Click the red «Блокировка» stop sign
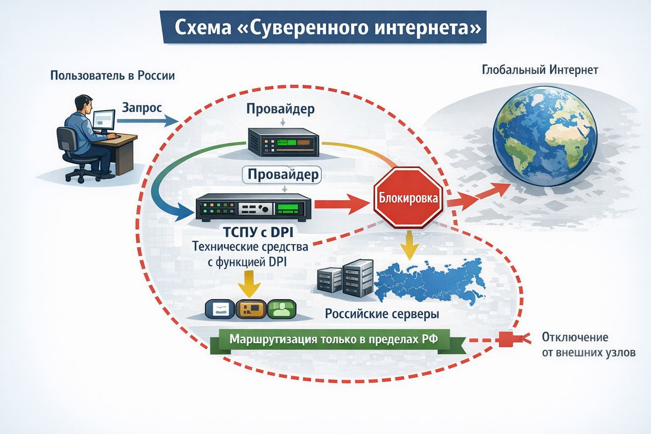(x=408, y=198)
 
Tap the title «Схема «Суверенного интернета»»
(x=328, y=28)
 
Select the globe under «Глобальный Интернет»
(x=545, y=136)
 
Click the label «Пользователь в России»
(x=112, y=75)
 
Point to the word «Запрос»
(x=142, y=108)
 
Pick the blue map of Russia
(x=428, y=280)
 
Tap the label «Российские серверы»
(x=382, y=314)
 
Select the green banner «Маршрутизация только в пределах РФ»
(x=334, y=339)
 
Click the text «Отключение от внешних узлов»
(x=588, y=345)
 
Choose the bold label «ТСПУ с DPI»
(x=258, y=232)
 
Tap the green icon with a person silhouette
(x=281, y=309)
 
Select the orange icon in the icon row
(x=251, y=309)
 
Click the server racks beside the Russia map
(x=345, y=278)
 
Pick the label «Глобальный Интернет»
(x=540, y=70)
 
